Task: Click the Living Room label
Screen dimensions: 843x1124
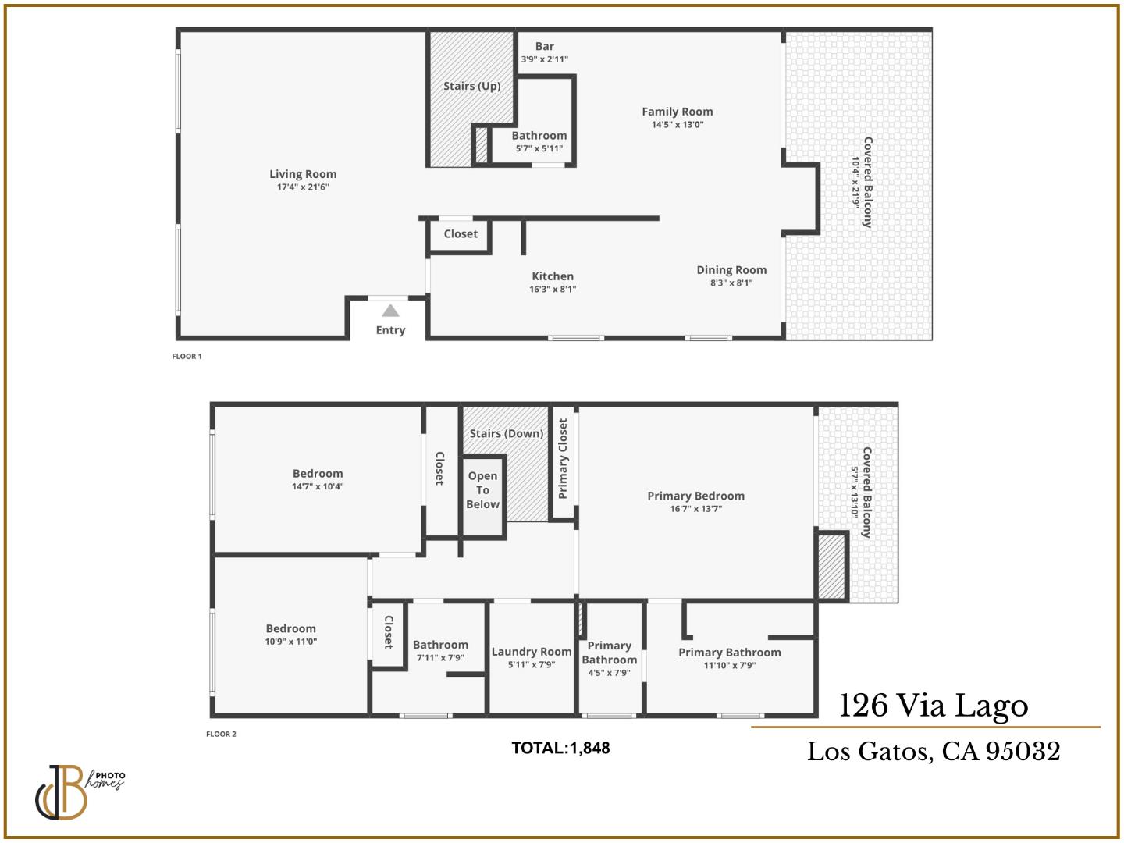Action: coord(303,174)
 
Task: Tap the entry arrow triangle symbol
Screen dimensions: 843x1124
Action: coord(390,311)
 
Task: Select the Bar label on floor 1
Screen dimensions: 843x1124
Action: coord(545,47)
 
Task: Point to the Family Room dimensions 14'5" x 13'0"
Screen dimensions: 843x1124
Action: coord(678,125)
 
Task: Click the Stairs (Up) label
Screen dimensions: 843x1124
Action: coord(471,86)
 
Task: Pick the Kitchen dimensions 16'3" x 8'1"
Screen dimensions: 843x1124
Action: coord(553,290)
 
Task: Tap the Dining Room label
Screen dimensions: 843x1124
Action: coord(731,270)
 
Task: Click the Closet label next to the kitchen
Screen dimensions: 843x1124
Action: coord(461,234)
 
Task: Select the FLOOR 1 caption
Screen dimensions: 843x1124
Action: coord(187,357)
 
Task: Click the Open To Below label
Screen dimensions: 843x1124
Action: coord(482,490)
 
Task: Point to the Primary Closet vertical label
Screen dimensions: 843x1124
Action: coord(563,459)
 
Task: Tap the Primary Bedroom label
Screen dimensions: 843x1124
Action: coord(695,496)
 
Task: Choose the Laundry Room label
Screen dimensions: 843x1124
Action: coord(532,652)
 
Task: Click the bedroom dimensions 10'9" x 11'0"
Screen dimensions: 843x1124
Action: coord(290,642)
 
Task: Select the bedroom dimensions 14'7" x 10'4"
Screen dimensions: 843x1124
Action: coord(318,486)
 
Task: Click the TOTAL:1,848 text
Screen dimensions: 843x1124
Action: coord(560,748)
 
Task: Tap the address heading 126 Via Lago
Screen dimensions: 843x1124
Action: coord(933,706)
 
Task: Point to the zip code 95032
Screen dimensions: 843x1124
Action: coord(1023,751)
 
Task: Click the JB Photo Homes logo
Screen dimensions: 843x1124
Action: coord(78,791)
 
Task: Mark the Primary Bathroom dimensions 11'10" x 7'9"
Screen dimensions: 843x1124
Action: coord(729,666)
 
